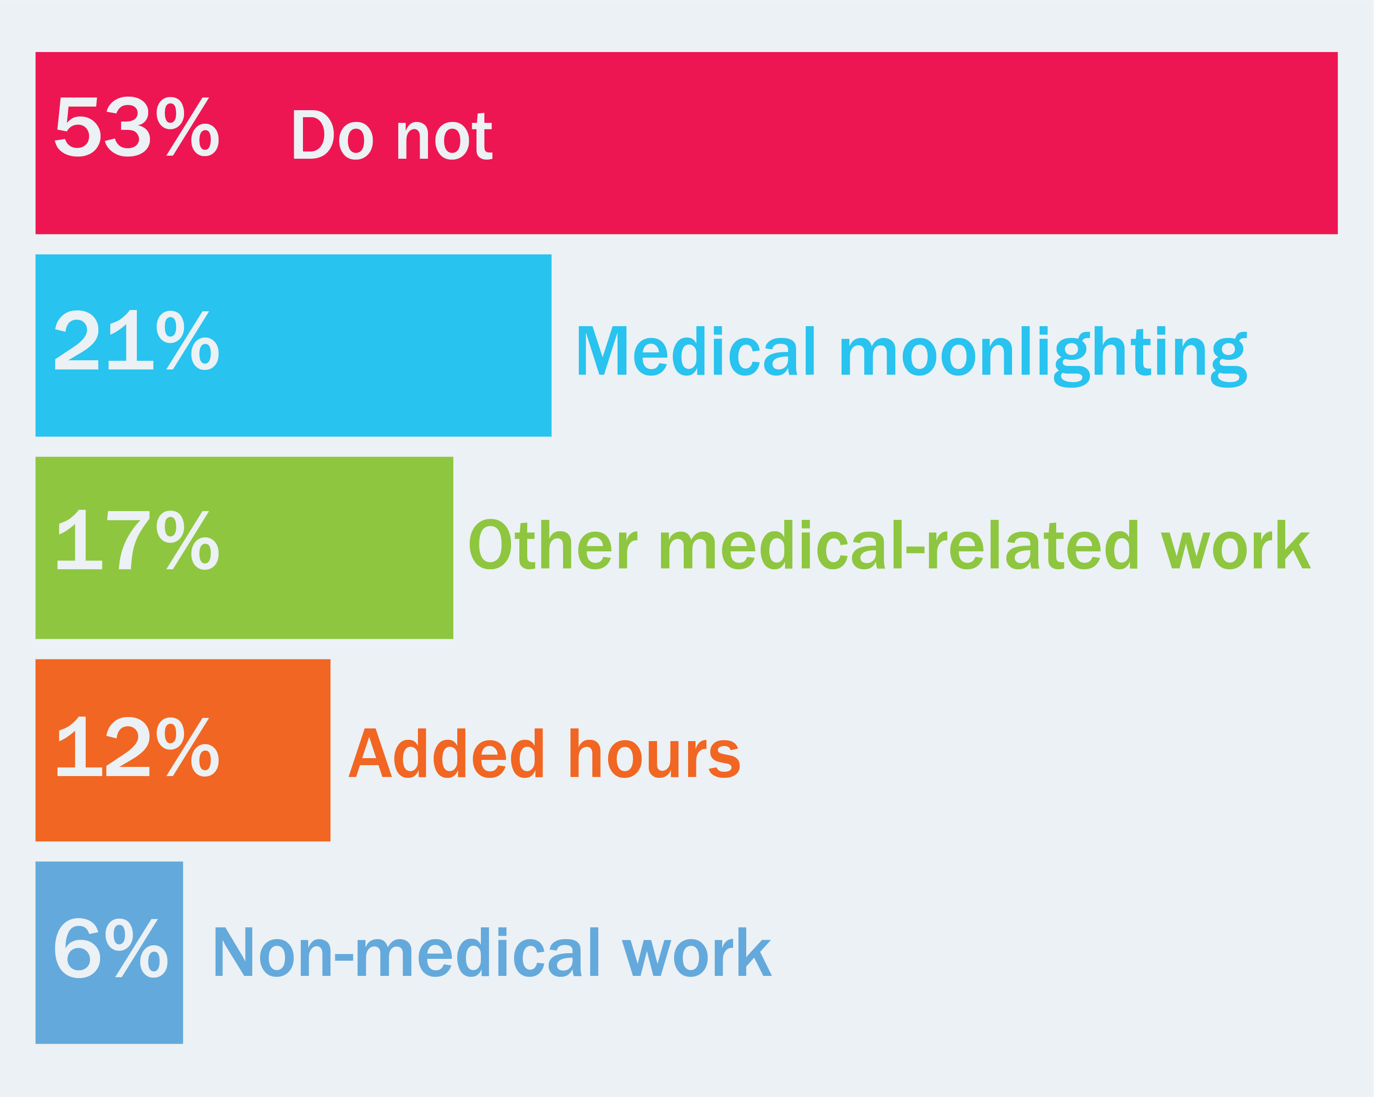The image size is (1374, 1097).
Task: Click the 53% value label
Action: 137,127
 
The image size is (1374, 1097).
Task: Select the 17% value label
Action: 138,540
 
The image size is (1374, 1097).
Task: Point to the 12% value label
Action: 138,746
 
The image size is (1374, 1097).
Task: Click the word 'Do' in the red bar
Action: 332,135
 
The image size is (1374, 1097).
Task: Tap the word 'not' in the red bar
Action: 444,136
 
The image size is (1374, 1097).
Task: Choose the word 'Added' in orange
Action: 446,753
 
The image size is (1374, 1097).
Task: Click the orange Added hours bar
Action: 183,750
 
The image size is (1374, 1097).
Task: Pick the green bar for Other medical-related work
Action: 244,547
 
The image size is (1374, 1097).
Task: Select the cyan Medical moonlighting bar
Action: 293,345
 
